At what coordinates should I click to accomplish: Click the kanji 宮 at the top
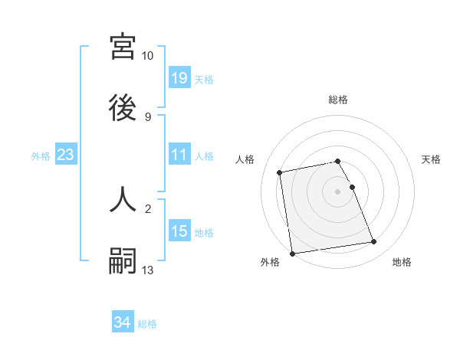[123, 47]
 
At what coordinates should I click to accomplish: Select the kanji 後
[123, 108]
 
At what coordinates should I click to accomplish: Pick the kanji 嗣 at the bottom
[123, 261]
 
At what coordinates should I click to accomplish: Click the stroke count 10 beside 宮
[148, 56]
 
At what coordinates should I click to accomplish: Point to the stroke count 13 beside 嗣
[148, 270]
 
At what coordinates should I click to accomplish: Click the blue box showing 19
[179, 78]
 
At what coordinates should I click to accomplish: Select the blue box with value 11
[179, 155]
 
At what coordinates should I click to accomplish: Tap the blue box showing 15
[179, 231]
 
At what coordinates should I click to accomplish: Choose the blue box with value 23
[66, 155]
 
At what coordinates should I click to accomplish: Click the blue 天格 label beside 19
[204, 79]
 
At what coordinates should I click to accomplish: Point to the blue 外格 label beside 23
[41, 155]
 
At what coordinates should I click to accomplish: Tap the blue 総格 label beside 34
[147, 324]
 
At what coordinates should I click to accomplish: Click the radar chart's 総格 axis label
[338, 100]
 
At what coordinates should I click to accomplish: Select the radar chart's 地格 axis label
[402, 263]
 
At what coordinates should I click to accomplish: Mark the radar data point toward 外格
[292, 253]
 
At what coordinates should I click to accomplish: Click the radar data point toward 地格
[373, 242]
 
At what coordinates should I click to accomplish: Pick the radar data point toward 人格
[281, 172]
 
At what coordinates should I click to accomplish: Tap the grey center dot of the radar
[338, 191]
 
